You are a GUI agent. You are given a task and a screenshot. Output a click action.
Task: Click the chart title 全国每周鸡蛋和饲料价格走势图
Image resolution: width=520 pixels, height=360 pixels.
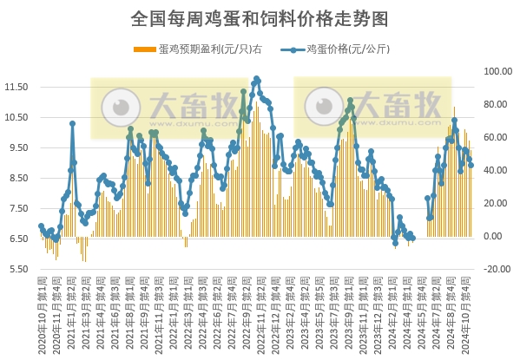pyautogui.click(x=260, y=17)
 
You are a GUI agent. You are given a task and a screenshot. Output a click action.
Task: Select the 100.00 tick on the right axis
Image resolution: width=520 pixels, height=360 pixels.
pyautogui.click(x=498, y=71)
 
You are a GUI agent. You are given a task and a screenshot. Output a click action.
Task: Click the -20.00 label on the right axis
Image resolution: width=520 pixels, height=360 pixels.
pyautogui.click(x=498, y=269)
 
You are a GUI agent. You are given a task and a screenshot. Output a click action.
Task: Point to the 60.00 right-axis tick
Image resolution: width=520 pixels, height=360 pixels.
pyautogui.click(x=498, y=137)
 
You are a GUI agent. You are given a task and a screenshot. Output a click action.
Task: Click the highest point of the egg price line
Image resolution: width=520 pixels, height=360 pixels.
pyautogui.click(x=256, y=79)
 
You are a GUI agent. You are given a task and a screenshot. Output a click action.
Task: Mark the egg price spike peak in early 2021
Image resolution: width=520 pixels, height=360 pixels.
pyautogui.click(x=72, y=123)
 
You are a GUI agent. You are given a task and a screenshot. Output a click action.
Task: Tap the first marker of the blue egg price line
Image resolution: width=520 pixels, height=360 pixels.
pyautogui.click(x=41, y=226)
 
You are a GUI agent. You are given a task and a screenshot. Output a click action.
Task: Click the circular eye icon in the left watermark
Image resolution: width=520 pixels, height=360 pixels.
pyautogui.click(x=121, y=107)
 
